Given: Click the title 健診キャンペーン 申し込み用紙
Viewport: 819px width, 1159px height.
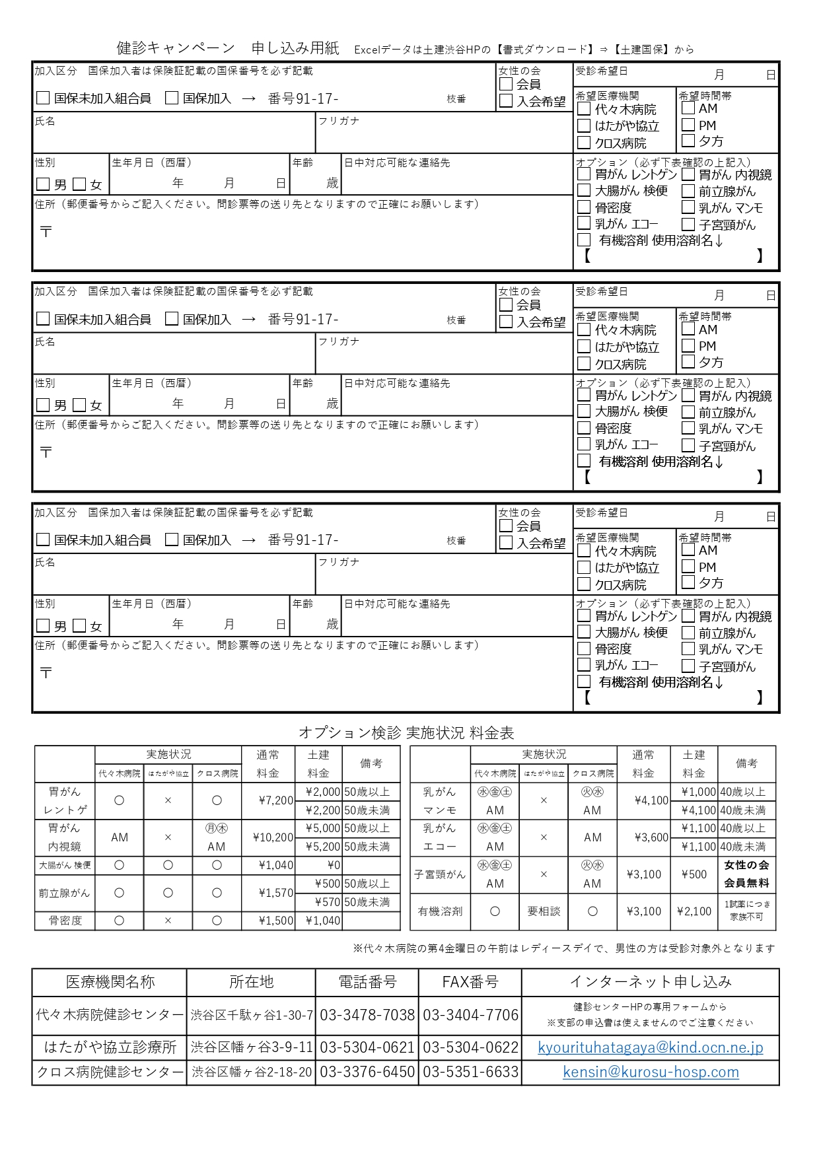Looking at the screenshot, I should point(227,48).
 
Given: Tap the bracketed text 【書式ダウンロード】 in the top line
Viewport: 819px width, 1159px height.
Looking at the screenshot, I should point(544,50).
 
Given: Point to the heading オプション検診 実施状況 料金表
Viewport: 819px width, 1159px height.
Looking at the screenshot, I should point(406,732).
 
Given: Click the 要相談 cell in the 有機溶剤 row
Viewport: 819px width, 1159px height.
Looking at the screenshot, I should point(544,911).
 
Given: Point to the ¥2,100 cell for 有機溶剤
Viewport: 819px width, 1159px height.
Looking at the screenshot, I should point(694,911).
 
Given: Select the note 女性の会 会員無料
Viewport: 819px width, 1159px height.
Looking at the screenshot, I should point(746,874).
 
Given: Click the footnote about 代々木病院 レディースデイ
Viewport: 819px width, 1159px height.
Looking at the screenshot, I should point(564,948).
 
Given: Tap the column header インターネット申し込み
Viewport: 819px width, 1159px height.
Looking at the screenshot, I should point(651,982).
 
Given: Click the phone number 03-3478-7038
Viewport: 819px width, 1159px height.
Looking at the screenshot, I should point(367,1015).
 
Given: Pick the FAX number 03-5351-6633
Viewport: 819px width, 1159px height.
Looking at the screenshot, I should point(470,1072).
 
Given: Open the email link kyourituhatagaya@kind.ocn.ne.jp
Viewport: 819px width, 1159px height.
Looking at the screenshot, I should point(651,1047).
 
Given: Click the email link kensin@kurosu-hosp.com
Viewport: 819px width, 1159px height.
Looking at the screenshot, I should point(651,1072).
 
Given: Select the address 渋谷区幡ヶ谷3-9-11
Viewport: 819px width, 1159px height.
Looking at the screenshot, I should point(252,1047).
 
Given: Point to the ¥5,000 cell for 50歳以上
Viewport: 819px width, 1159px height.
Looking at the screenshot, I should point(323,828).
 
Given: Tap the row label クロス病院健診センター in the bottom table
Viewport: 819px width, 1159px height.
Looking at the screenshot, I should point(110,1072).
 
